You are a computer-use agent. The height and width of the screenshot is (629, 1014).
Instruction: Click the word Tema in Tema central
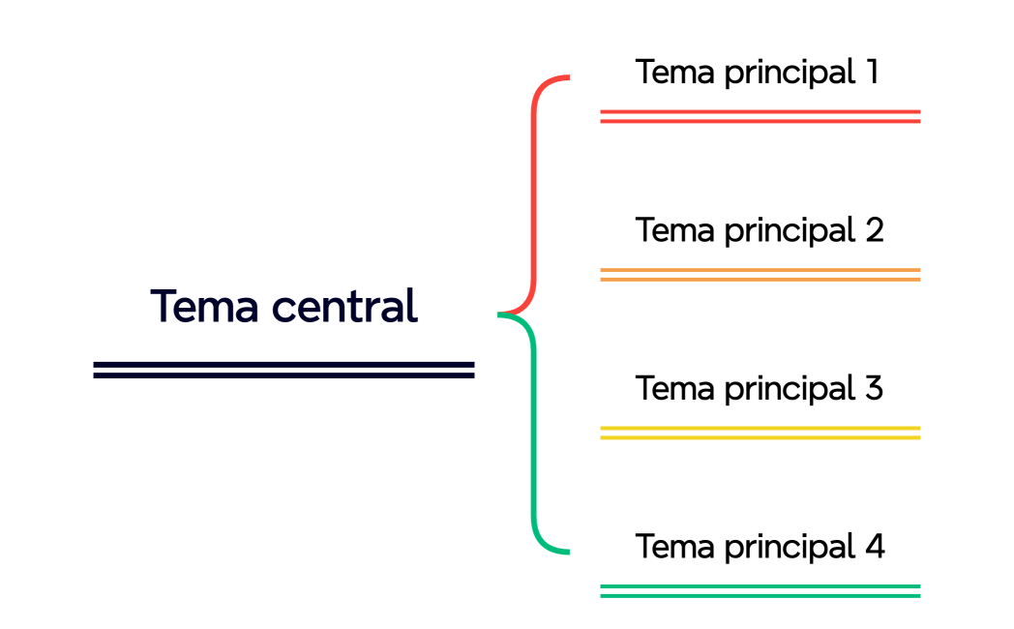(x=204, y=307)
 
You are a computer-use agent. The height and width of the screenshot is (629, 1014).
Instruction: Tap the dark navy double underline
(x=283, y=369)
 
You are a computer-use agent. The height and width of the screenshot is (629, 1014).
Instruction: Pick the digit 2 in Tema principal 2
(x=873, y=230)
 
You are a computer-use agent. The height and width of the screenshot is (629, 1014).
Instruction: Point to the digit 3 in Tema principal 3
(x=873, y=389)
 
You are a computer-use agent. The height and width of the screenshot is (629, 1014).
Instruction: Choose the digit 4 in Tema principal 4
(x=874, y=547)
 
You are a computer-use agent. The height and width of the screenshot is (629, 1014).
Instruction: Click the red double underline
(x=760, y=117)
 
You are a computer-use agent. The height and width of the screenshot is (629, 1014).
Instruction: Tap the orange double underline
(x=760, y=275)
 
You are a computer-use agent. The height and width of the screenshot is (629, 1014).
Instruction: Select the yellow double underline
(x=760, y=433)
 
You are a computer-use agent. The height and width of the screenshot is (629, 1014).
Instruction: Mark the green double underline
(x=760, y=590)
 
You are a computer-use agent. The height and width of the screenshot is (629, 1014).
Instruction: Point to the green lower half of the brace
(x=533, y=435)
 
